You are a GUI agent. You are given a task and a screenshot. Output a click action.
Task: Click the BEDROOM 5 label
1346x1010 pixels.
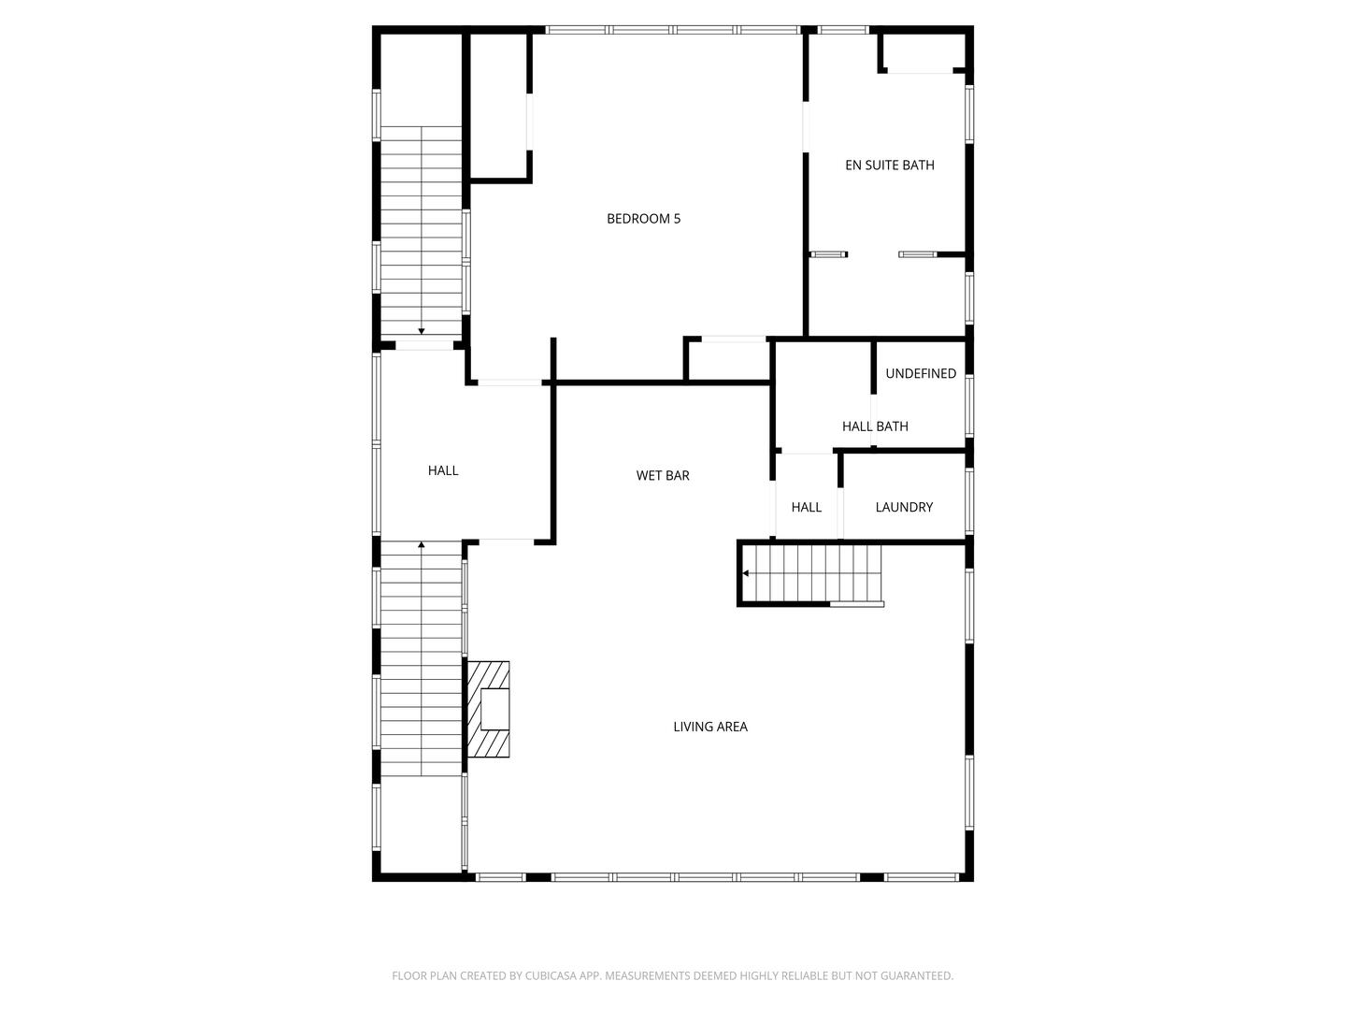click(643, 219)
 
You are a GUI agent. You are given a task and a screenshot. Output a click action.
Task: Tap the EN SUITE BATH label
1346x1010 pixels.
click(889, 166)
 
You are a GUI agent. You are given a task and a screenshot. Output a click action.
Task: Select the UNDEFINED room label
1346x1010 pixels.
click(921, 374)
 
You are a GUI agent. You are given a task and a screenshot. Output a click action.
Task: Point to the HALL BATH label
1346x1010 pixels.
click(875, 426)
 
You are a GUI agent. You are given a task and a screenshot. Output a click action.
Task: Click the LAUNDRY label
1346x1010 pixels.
click(904, 507)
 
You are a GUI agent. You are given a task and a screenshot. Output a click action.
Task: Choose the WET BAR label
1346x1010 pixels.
click(663, 476)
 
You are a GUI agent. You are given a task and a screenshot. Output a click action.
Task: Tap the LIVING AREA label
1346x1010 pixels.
click(710, 727)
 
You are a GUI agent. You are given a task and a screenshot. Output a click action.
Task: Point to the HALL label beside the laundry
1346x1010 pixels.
click(806, 507)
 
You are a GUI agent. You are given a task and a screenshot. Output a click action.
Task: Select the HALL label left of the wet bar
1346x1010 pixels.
click(443, 470)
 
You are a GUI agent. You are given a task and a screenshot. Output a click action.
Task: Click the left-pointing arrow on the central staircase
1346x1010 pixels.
click(746, 573)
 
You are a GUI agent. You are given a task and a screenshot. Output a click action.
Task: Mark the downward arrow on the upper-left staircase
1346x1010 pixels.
click(422, 330)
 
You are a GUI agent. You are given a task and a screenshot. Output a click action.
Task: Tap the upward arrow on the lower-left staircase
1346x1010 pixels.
click(422, 544)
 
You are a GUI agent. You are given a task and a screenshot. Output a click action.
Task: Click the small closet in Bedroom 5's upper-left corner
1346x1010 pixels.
click(498, 105)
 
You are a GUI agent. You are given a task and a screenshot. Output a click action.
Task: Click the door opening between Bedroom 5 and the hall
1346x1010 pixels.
click(509, 382)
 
